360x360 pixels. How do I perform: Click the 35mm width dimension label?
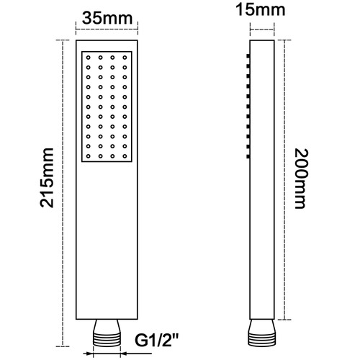point(107,19)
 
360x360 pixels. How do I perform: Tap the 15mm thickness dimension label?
point(261,10)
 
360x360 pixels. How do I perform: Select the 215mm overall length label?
point(47,178)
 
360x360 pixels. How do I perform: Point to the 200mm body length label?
point(301,179)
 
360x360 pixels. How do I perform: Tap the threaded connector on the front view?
point(107,333)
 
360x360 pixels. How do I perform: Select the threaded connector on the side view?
point(261,333)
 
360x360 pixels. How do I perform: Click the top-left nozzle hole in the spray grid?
point(89,58)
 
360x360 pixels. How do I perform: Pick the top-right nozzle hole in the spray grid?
point(125,58)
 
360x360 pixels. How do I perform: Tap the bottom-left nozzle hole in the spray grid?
point(89,156)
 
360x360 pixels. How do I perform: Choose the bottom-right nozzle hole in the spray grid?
point(125,156)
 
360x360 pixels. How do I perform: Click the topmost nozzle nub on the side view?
point(248,56)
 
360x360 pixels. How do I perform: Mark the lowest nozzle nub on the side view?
point(248,156)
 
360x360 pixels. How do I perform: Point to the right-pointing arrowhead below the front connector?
point(89,354)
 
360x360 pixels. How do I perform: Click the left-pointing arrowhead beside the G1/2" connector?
point(123,354)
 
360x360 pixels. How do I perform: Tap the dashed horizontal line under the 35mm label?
point(107,30)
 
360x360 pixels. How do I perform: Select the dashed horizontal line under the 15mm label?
point(262,30)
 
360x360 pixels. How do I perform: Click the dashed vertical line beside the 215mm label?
point(63,193)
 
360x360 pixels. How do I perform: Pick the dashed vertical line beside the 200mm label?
point(284,180)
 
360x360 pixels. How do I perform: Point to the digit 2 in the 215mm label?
point(47,201)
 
